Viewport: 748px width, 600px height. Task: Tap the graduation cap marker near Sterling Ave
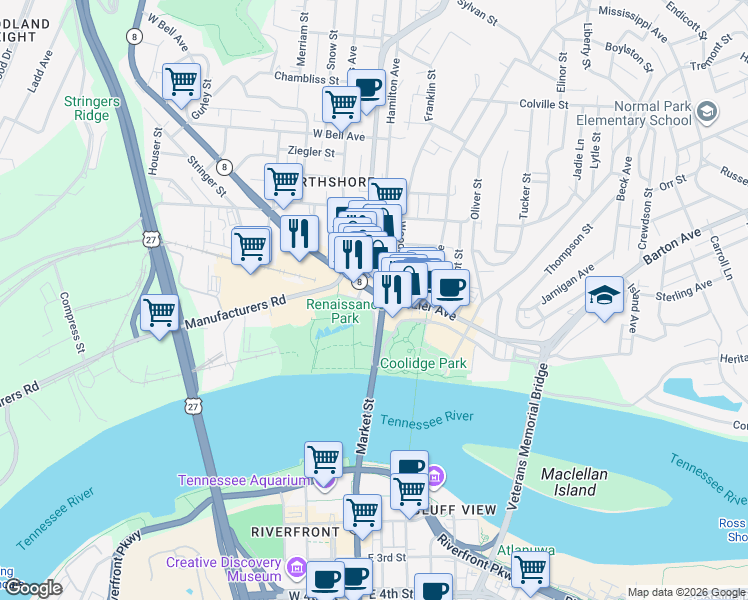604,296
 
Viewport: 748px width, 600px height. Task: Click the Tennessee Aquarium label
244,480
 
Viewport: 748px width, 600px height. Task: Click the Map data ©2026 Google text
685,592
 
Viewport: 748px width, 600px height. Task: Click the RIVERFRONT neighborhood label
289,529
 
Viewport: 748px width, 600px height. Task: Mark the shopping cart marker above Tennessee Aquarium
323,460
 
